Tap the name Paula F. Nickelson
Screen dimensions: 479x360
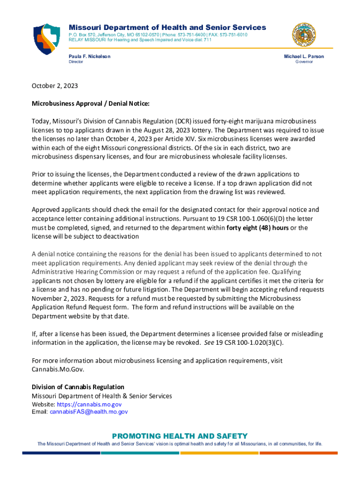90,56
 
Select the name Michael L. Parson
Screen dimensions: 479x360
304,56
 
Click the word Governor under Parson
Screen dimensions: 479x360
304,62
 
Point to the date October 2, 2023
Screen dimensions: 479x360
55,86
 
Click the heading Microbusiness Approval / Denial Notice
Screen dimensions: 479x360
90,103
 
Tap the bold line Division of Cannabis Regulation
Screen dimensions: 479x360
78,387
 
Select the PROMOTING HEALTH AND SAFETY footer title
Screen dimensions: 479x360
180,435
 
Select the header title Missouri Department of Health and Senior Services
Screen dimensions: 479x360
167,27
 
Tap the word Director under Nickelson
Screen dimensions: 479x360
76,62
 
